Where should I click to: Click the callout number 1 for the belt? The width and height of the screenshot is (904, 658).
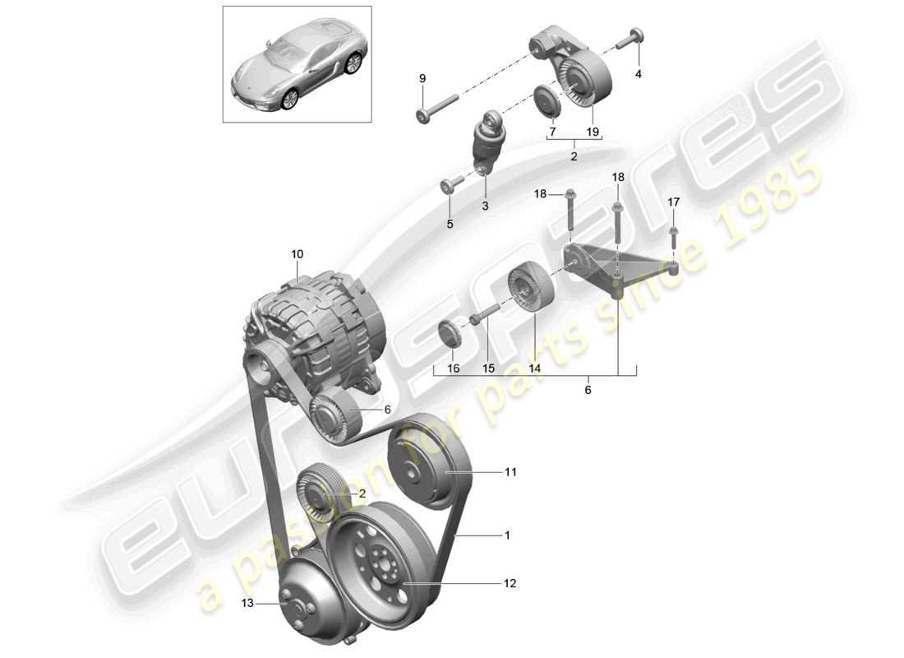pos(507,535)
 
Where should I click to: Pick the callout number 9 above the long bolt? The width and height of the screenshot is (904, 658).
pos(422,78)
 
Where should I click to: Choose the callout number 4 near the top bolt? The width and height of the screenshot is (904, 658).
pos(639,73)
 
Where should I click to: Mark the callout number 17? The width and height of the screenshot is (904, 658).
pos(673,202)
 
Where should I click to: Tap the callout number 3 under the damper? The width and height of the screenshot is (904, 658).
pos(485,206)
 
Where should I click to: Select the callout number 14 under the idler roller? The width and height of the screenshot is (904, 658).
pos(535,369)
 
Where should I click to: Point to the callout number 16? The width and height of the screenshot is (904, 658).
pos(454,369)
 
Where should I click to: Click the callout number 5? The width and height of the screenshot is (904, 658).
pos(450,223)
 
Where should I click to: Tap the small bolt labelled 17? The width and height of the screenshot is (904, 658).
pos(673,235)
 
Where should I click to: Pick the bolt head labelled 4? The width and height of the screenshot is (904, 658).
pos(635,38)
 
